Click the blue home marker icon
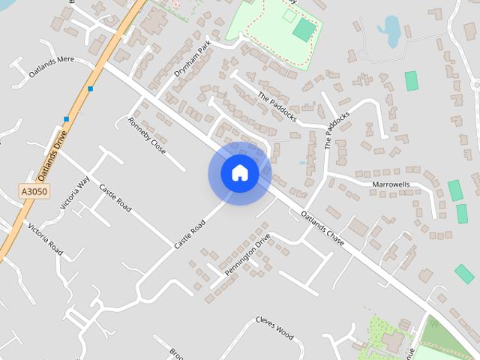(239, 172)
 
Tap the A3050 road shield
(33, 193)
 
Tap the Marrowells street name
(391, 184)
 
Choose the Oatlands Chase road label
(322, 223)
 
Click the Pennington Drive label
(247, 255)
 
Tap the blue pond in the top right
(390, 31)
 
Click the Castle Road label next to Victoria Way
(115, 196)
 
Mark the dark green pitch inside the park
(304, 29)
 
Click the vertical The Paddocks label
(337, 131)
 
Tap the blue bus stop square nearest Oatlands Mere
(91, 89)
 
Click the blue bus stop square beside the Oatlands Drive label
(67, 119)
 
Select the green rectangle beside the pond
(411, 81)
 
